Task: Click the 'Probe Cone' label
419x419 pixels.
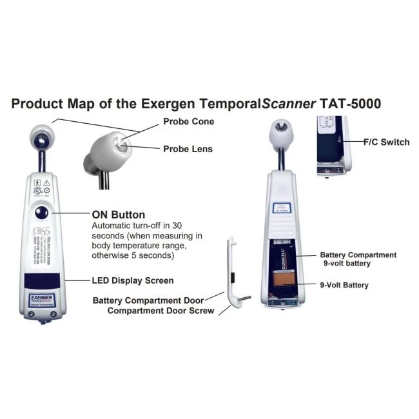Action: (x=188, y=121)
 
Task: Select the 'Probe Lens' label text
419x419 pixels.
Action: (x=188, y=149)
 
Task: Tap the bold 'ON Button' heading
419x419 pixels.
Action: (x=119, y=215)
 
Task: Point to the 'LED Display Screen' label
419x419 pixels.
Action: (x=132, y=280)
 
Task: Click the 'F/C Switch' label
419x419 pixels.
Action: (x=386, y=142)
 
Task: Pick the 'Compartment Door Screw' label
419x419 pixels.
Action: (x=161, y=311)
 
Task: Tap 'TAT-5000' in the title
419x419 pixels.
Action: (x=355, y=103)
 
